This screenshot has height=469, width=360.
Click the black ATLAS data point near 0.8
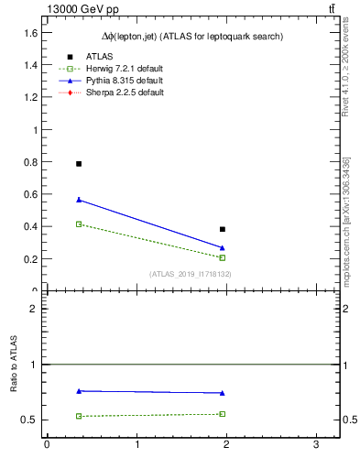click(79, 164)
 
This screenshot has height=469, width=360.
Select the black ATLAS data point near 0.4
click(223, 229)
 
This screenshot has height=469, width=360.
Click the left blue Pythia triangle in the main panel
click(79, 200)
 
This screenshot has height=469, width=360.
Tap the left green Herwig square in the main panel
click(79, 224)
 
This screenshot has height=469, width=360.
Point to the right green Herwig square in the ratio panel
click(223, 414)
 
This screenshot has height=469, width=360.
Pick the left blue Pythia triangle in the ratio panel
click(79, 391)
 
